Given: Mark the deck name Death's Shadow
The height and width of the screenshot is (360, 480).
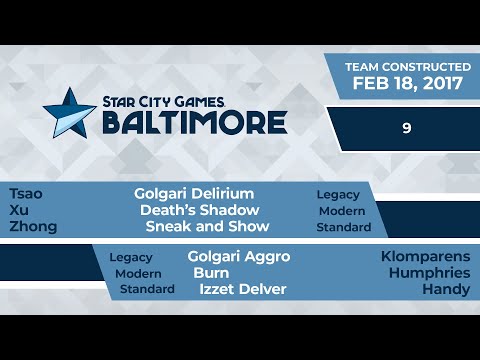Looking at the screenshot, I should pyautogui.click(x=200, y=210).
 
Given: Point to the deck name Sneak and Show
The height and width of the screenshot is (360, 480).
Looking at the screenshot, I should pyautogui.click(x=207, y=227).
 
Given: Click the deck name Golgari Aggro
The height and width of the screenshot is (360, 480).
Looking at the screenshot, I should pyautogui.click(x=238, y=256).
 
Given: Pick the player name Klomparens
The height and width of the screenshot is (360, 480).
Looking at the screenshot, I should pyautogui.click(x=425, y=256).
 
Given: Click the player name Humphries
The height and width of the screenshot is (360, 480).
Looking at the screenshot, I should pyautogui.click(x=430, y=272).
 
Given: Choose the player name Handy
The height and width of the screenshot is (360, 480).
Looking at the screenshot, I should pyautogui.click(x=446, y=289).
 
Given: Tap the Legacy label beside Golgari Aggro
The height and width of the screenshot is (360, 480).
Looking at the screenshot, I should pyautogui.click(x=131, y=257).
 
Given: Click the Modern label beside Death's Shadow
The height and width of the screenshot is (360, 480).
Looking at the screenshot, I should pyautogui.click(x=342, y=211).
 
